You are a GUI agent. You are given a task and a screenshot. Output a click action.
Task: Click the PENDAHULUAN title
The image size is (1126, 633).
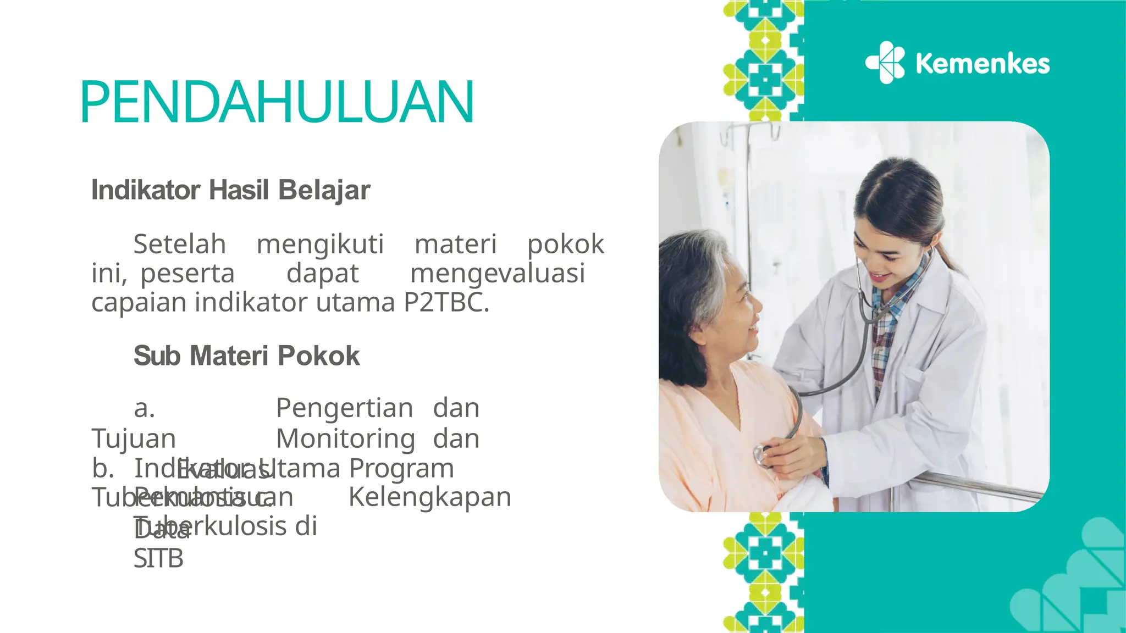click(277, 102)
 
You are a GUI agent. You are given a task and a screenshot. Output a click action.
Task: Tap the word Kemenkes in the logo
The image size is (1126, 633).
click(983, 64)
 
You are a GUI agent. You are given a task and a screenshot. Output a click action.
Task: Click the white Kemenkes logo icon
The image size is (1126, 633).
click(885, 63)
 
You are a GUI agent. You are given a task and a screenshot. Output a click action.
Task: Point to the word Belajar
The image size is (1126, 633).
click(324, 190)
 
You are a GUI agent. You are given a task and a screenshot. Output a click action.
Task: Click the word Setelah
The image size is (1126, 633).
click(180, 244)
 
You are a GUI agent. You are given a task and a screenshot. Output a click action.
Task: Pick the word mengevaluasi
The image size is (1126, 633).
click(498, 273)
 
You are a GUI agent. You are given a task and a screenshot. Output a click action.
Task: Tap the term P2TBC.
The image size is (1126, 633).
click(446, 302)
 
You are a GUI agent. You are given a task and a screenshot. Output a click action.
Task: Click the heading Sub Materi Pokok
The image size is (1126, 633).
click(247, 356)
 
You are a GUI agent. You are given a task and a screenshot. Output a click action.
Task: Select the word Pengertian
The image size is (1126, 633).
click(344, 408)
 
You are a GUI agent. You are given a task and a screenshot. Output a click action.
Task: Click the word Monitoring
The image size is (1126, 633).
click(345, 438)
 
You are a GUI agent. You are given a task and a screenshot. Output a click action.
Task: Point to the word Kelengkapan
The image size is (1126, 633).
click(429, 497)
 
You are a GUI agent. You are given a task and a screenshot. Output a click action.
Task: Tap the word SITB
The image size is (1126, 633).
click(158, 559)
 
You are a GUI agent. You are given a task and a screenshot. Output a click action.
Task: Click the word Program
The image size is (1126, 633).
click(401, 468)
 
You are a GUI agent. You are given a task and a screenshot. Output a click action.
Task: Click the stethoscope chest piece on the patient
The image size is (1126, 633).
click(761, 454)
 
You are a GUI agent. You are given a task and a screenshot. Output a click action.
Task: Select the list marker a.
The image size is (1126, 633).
click(145, 408)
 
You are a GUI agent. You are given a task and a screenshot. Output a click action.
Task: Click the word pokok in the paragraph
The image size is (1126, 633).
click(566, 244)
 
